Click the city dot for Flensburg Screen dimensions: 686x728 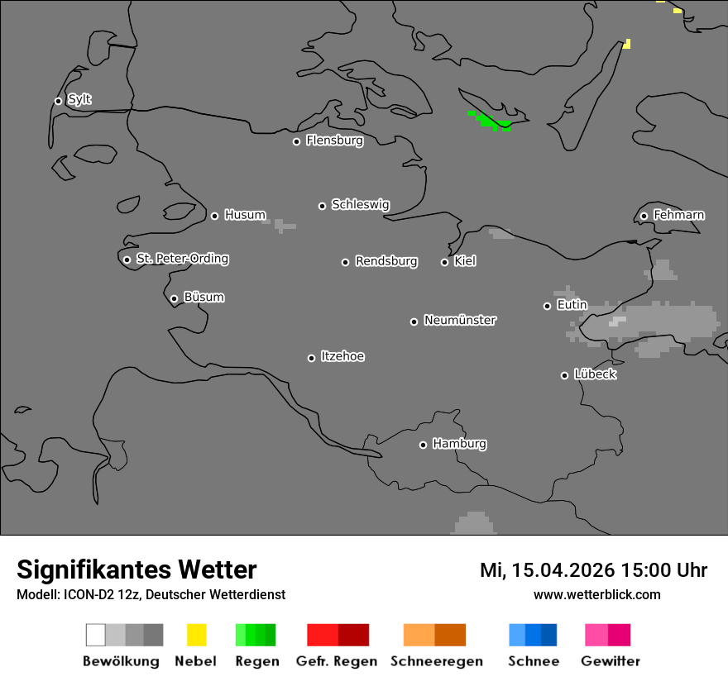click(x=296, y=141)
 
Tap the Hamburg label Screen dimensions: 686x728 click(x=459, y=444)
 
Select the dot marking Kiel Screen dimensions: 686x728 click(x=444, y=262)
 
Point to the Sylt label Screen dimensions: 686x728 click(x=79, y=99)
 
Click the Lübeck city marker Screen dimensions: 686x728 click(x=564, y=375)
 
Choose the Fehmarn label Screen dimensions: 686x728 click(x=678, y=215)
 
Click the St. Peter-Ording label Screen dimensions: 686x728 click(x=182, y=259)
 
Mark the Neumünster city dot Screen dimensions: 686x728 click(x=414, y=322)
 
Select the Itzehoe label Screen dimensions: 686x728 click(x=342, y=356)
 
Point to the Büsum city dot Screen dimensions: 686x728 click(x=174, y=298)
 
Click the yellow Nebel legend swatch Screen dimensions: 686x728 click(x=196, y=635)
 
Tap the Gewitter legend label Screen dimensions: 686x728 click(x=611, y=661)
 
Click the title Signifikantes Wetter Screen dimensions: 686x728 click(x=136, y=569)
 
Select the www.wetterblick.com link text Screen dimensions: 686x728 click(x=596, y=594)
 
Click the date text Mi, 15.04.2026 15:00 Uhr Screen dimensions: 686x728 click(x=593, y=570)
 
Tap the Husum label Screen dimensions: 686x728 click(x=245, y=215)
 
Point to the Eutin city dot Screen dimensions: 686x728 click(x=547, y=306)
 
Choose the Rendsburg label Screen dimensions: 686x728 click(x=386, y=261)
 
